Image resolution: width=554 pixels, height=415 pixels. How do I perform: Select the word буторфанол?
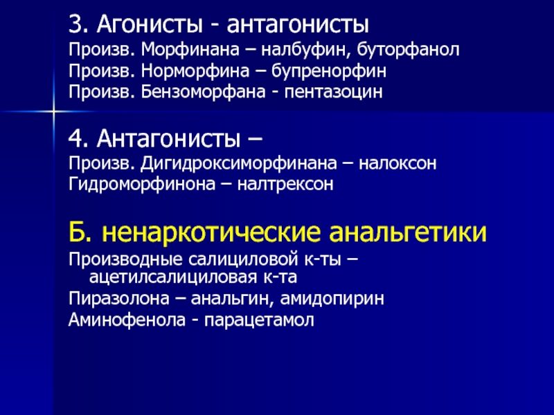coord(408,50)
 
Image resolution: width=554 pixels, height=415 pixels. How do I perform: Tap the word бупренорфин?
coord(328,71)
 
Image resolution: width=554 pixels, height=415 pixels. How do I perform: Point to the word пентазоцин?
coord(333,92)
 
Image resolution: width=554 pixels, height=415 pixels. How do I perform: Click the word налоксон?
coord(397,163)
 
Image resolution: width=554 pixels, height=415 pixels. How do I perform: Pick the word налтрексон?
coord(285,184)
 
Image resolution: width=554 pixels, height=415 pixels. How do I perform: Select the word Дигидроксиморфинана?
coord(238,164)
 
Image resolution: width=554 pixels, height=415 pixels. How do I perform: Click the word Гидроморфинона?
coord(142,185)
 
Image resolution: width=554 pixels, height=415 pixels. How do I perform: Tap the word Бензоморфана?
coord(203,92)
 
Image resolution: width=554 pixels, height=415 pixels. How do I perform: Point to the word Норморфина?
coord(195,71)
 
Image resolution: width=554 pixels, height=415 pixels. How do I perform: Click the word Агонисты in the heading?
coord(150,25)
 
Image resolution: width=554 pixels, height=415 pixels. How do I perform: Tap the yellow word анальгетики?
coord(408,232)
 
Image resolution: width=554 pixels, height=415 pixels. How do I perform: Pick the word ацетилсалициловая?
coord(172,277)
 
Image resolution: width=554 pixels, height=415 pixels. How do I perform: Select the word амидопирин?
coord(332,299)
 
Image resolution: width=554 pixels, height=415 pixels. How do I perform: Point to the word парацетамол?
coord(259,320)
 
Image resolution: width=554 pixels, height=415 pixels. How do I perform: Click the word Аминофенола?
coord(127,320)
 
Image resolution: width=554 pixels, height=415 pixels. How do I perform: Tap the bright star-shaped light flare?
coord(54,111)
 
